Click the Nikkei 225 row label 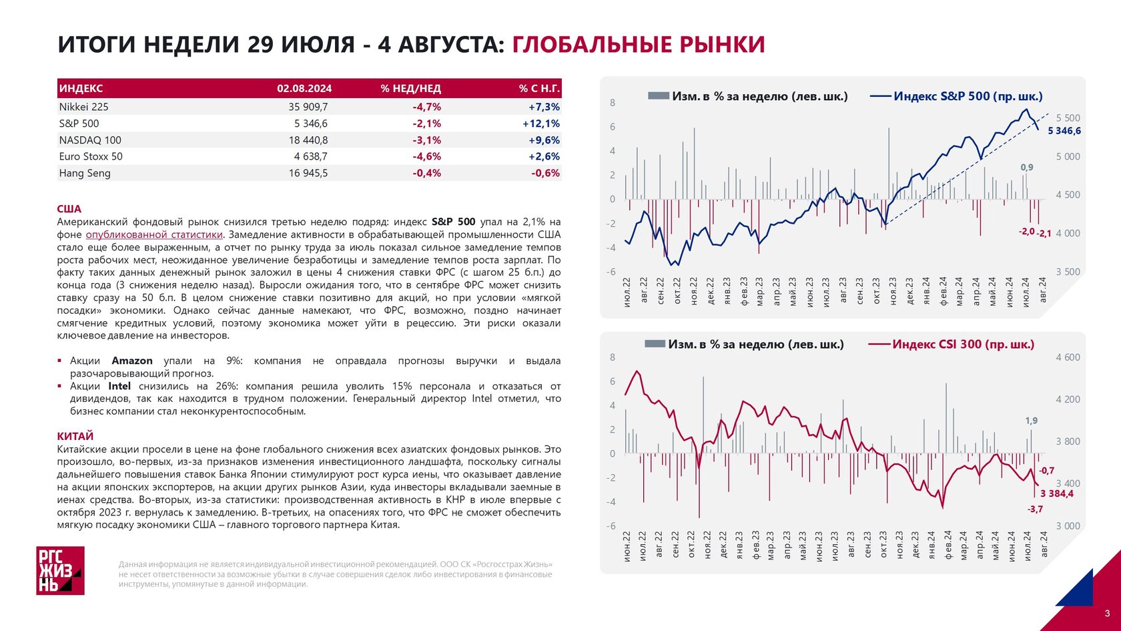83,107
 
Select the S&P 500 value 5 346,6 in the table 311,123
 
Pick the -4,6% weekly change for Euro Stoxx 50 426,156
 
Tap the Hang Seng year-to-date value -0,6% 546,173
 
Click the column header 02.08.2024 304,89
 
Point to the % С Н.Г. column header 539,89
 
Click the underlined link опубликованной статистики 154,234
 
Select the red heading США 69,209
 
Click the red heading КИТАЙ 75,436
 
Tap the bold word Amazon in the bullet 132,361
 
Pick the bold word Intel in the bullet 119,386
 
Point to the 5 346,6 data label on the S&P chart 1064,131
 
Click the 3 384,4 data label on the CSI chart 1057,494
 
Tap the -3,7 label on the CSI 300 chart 1036,509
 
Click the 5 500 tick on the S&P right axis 1068,118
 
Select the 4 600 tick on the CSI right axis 1068,357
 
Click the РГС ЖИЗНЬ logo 60,570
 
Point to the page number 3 1108,614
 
